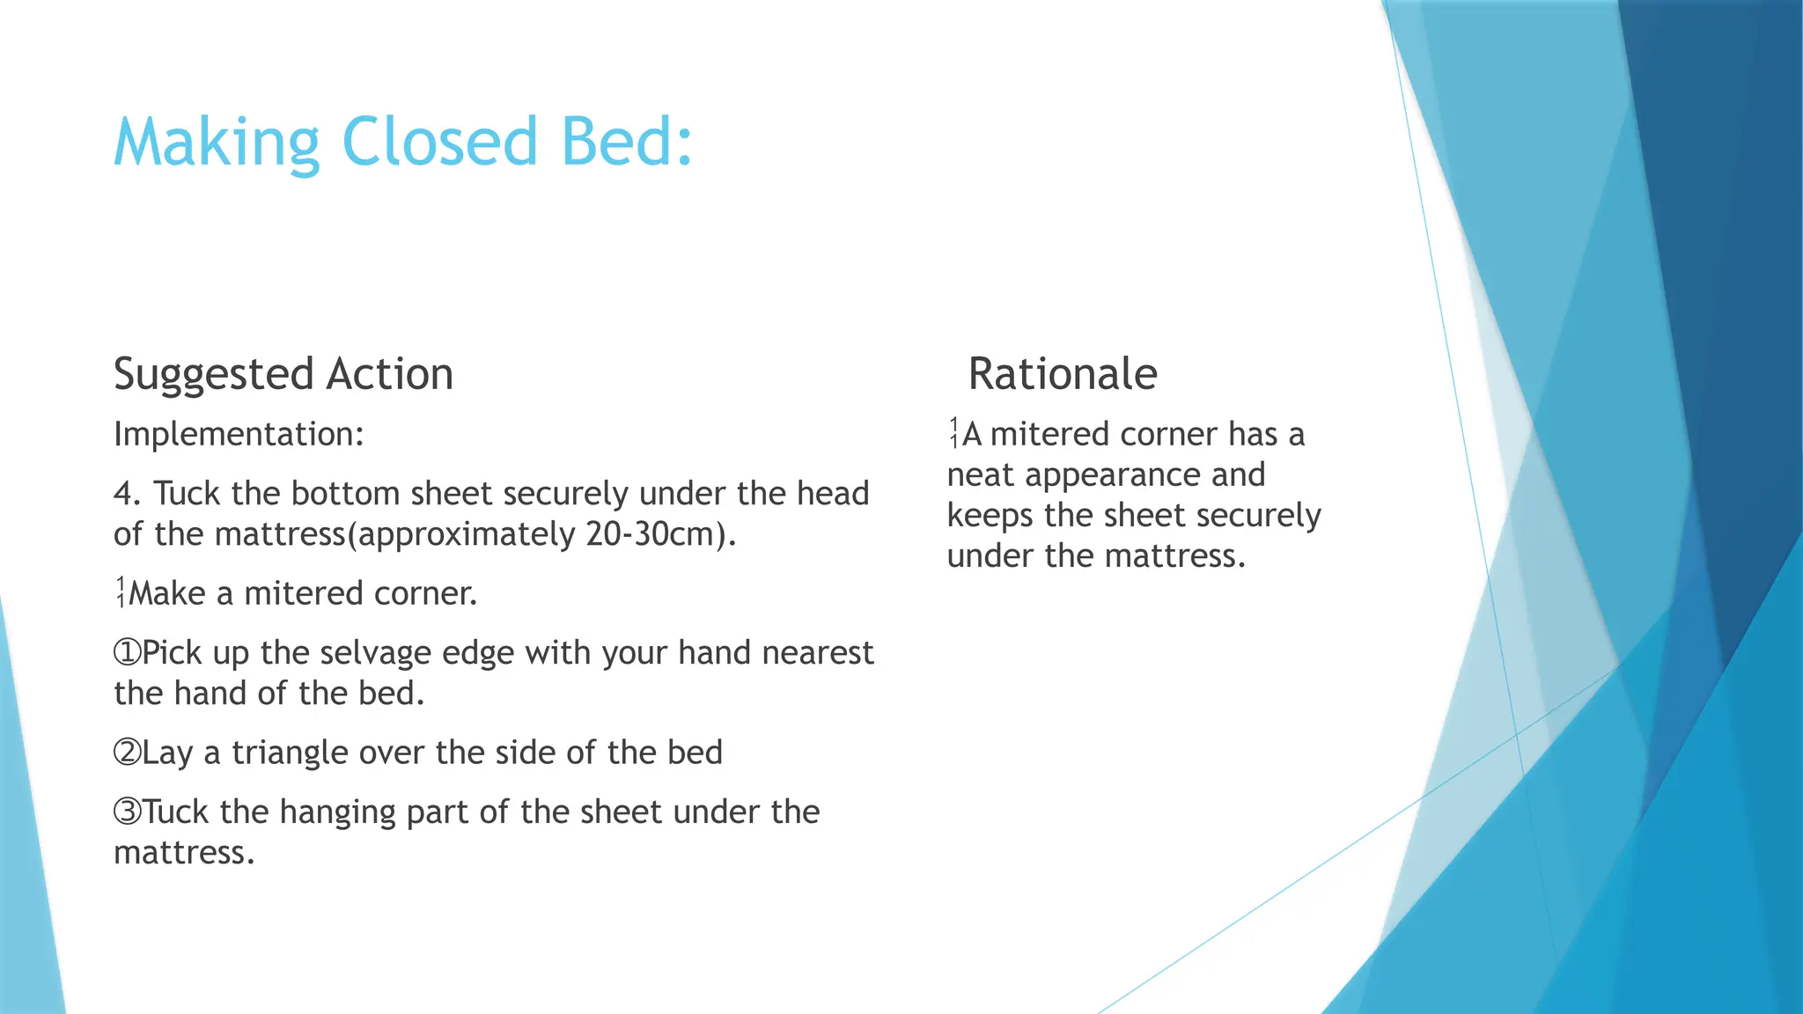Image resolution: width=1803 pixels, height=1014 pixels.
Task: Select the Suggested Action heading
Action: pyautogui.click(x=283, y=375)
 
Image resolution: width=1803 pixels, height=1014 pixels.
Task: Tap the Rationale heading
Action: pyautogui.click(x=1062, y=374)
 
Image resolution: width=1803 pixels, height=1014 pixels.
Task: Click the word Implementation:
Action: pyautogui.click(x=239, y=435)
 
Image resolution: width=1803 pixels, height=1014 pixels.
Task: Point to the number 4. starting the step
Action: pyautogui.click(x=128, y=494)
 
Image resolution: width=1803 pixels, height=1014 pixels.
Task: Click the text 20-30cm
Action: pyautogui.click(x=651, y=534)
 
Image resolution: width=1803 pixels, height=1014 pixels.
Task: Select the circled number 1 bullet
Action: pyautogui.click(x=127, y=653)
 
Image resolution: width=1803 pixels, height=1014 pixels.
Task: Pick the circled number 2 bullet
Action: pyautogui.click(x=127, y=753)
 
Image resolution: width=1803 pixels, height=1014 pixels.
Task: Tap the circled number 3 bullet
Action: pyautogui.click(x=127, y=812)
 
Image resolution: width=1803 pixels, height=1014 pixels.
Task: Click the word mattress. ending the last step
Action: pyautogui.click(x=183, y=853)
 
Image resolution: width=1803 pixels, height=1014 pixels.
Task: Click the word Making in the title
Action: pyautogui.click(x=217, y=143)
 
